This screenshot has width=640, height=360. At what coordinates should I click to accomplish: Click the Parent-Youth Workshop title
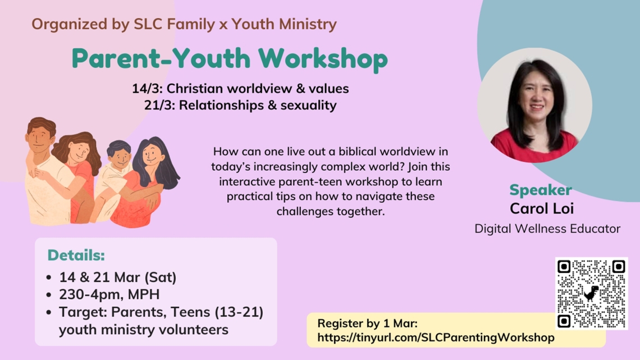point(230,58)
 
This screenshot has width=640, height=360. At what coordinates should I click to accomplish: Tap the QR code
point(591,293)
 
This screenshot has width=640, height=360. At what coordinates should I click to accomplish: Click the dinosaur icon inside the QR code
point(591,293)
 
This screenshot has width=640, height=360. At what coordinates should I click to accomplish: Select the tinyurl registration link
point(436,338)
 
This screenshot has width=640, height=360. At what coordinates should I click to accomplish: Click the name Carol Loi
point(541,209)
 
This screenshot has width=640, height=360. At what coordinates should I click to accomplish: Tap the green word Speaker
point(541,190)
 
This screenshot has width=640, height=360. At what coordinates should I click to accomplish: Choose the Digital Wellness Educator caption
point(547,229)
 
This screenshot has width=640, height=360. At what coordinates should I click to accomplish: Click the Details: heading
point(76,255)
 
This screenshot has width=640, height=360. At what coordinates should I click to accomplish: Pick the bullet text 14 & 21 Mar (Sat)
point(118,277)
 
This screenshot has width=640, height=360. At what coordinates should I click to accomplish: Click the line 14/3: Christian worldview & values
point(240,88)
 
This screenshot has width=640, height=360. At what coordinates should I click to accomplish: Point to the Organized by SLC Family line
point(184,24)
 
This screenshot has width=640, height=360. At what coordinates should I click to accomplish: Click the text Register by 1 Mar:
point(367,323)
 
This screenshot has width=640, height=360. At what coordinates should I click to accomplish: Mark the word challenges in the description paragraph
point(303,212)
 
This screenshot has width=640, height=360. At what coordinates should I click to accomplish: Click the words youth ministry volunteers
point(143,329)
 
